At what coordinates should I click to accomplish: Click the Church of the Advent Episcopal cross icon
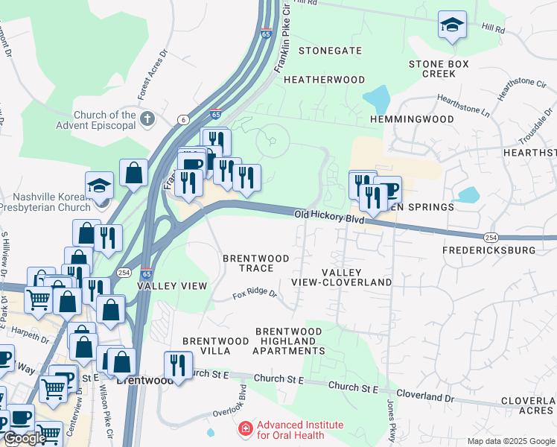point(147,118)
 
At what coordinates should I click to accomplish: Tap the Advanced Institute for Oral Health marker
point(245,430)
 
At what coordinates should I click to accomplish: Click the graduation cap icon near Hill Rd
point(451,25)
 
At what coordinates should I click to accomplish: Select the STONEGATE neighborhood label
point(330,51)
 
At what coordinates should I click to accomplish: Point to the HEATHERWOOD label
point(324,80)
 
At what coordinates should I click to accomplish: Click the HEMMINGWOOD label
point(412,119)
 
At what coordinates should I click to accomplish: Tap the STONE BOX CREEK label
point(439,69)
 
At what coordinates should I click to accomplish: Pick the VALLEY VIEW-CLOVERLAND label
point(357,278)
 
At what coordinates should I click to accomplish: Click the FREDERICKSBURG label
point(488,250)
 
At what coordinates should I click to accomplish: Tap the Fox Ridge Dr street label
point(255,294)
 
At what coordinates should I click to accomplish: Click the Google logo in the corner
point(24,438)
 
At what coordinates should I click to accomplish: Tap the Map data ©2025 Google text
point(510,441)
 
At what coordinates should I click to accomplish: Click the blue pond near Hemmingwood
point(377,99)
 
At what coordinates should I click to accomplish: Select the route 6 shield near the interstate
point(182,120)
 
